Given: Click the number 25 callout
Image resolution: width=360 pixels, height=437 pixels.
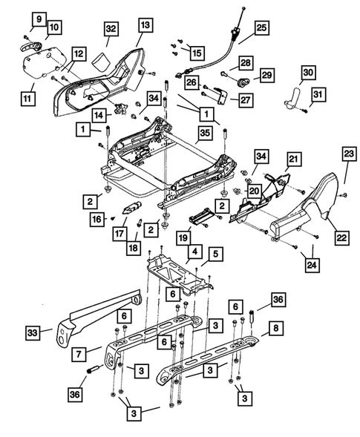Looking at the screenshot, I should click(261, 29).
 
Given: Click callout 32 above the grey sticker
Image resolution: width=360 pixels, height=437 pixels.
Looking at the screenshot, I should click(111, 29).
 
